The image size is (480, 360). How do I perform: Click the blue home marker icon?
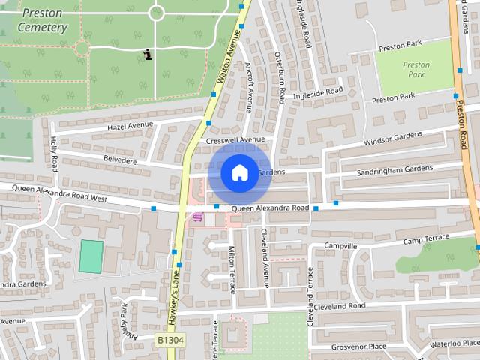click(x=239, y=172)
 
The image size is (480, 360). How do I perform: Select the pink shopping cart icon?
click(x=198, y=217)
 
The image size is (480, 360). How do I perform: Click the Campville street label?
click(x=341, y=246)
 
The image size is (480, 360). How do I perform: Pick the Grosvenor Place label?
click(x=359, y=346)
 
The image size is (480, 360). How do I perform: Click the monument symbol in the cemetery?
click(x=148, y=54)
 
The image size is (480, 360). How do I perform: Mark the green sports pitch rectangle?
click(x=91, y=256)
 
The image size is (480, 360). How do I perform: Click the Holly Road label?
click(x=54, y=154)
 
